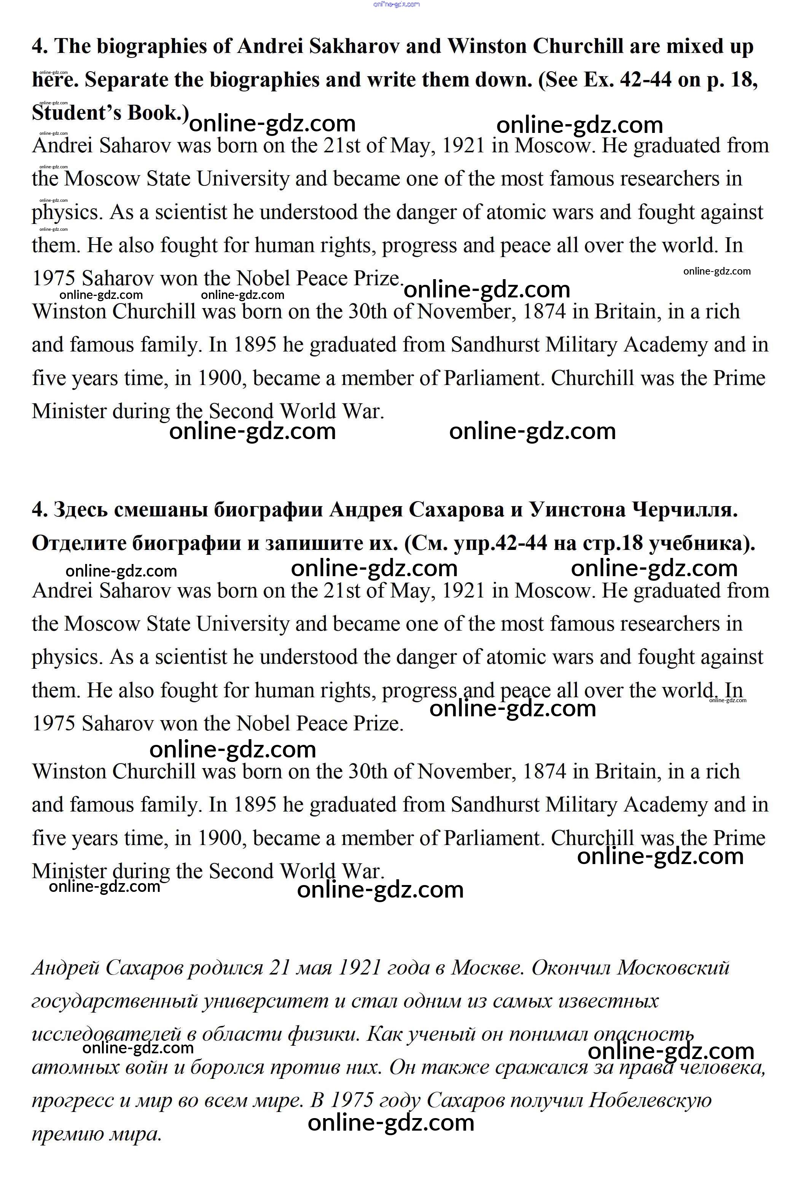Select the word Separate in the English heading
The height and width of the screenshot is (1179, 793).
[x=126, y=80]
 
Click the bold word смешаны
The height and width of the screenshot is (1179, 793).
[x=161, y=510]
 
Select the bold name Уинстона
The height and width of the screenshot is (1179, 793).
[x=577, y=510]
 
